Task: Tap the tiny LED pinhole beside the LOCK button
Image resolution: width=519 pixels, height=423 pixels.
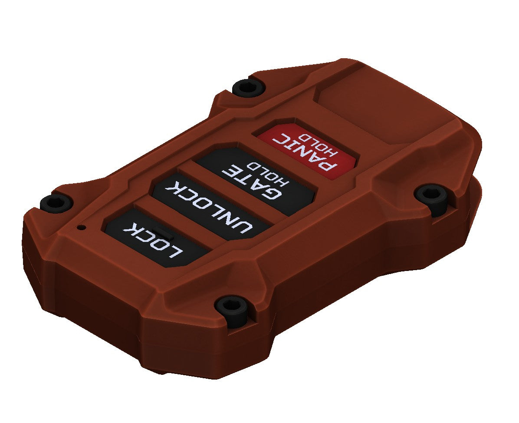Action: pos(80,227)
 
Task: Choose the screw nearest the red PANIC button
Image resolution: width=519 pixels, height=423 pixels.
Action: pos(249,87)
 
